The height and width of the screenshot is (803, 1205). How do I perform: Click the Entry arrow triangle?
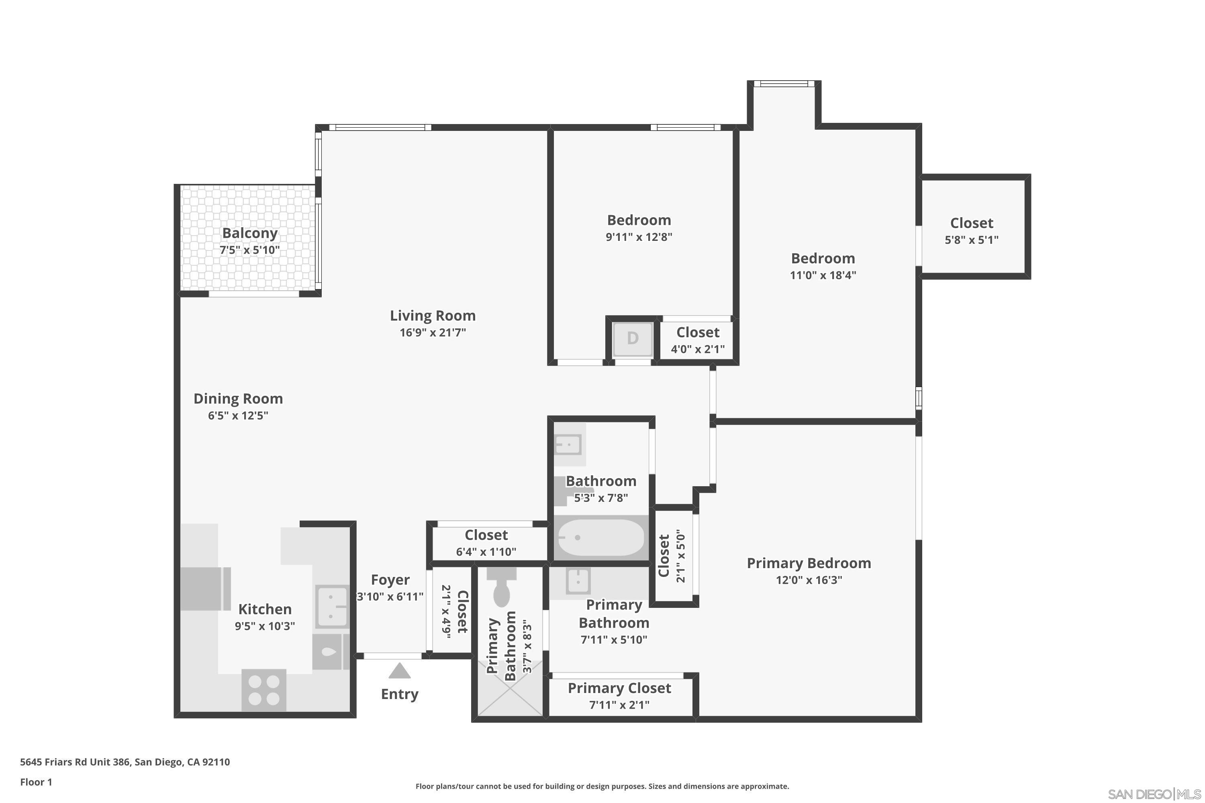point(399,671)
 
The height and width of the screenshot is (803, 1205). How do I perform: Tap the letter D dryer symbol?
point(633,338)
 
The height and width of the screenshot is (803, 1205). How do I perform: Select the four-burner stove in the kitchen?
point(264,690)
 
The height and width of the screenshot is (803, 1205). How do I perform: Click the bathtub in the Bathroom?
point(600,538)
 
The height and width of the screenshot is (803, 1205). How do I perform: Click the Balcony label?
point(249,233)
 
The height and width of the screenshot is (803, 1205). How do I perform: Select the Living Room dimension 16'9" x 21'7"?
point(433,332)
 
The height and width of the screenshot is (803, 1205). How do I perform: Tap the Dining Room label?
point(238,398)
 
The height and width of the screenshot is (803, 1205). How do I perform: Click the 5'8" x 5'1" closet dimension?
point(971,240)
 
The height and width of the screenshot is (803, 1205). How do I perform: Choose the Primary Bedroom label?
point(809,563)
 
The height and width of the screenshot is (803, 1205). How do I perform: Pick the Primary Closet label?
point(619,688)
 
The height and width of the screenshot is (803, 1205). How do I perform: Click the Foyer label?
point(390,580)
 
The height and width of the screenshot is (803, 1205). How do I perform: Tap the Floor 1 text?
point(36,782)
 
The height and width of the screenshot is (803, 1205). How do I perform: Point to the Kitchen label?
point(264,609)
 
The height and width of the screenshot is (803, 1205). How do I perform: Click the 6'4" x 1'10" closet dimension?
point(486,552)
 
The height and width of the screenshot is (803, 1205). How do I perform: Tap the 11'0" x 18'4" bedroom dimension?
point(823,275)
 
